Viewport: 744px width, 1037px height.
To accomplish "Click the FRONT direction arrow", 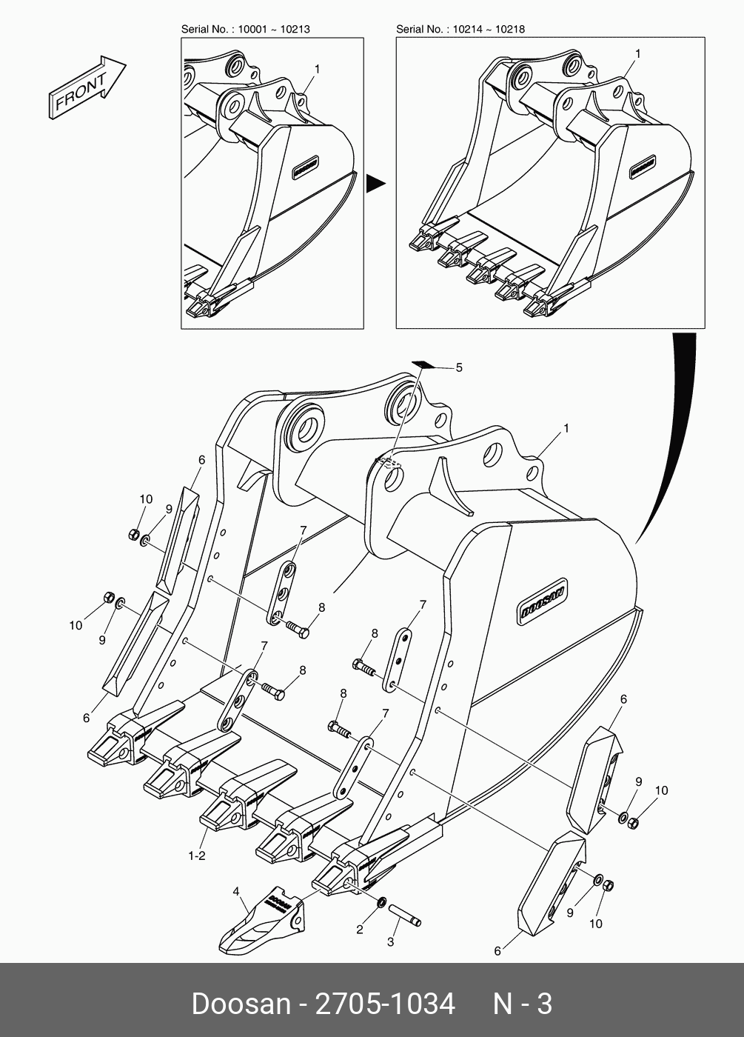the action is click(87, 86).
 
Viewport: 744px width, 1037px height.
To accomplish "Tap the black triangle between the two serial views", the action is click(376, 183).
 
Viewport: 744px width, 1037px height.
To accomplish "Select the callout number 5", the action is click(458, 367).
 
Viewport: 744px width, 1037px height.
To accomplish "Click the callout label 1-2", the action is click(196, 856).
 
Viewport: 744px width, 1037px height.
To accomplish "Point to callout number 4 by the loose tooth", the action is click(237, 891).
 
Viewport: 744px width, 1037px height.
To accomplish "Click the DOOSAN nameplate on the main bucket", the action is click(545, 599).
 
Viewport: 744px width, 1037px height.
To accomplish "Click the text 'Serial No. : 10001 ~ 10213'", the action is click(246, 29).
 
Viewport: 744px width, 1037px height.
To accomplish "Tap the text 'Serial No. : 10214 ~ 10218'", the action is click(460, 29).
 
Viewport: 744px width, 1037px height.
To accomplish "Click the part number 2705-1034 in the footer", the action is click(385, 1004).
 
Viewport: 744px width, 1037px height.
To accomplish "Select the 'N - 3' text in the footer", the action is click(523, 1004).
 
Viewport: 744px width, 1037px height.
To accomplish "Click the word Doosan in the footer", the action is click(241, 1004).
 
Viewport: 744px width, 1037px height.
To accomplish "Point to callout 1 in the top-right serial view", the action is click(637, 54).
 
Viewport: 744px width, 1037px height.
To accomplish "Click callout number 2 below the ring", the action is click(360, 930).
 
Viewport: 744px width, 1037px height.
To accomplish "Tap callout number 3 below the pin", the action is click(391, 942).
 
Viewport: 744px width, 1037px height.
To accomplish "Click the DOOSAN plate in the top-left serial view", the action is click(304, 167).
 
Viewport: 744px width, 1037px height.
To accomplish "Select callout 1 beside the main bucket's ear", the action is click(566, 428).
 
